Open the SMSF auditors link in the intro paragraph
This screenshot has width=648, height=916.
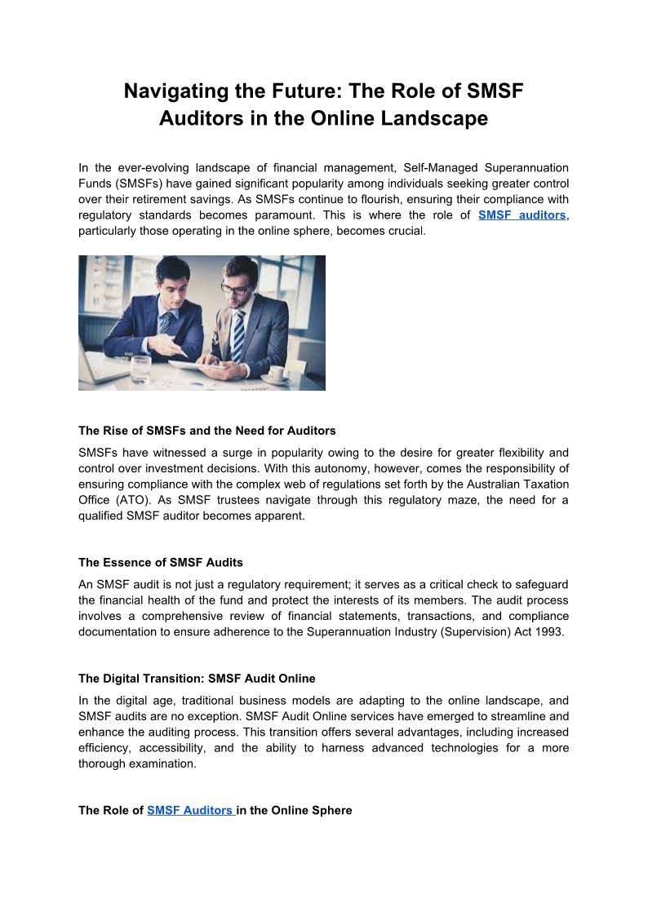point(522,215)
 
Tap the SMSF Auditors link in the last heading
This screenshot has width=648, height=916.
point(190,811)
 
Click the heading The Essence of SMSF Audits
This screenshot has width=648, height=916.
point(161,563)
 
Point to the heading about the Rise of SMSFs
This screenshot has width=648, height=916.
point(207,431)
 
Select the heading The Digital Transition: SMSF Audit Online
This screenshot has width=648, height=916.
point(197,679)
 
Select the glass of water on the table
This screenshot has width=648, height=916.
point(140,369)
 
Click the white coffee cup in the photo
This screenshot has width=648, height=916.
point(276,374)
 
